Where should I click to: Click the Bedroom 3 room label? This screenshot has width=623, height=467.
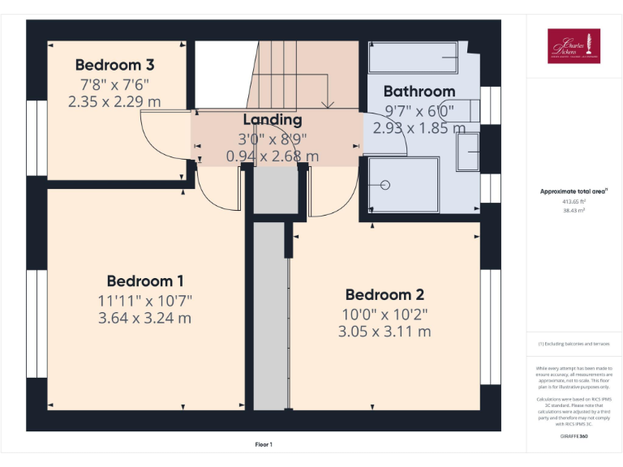[x=114, y=65]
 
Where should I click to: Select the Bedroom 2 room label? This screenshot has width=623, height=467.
[x=385, y=295]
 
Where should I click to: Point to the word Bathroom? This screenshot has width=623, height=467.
[x=419, y=91]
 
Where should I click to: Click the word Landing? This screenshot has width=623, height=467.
[x=273, y=120]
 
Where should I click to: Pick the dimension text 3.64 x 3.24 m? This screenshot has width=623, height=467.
[x=144, y=318]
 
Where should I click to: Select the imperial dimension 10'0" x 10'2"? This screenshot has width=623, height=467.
[x=385, y=314]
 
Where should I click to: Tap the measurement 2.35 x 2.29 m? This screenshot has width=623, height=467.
[x=114, y=101]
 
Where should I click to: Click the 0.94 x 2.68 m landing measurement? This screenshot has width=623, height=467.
[x=273, y=156]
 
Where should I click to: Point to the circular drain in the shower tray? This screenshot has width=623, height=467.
[x=385, y=185]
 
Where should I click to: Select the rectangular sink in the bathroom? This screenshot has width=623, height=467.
[x=467, y=152]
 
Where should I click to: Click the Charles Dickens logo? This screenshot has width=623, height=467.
[x=574, y=45]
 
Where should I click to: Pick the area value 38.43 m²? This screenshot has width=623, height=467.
[x=574, y=209]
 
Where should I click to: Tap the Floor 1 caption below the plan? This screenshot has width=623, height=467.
[x=264, y=444]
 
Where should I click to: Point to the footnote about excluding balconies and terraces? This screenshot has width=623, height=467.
[x=574, y=344]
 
